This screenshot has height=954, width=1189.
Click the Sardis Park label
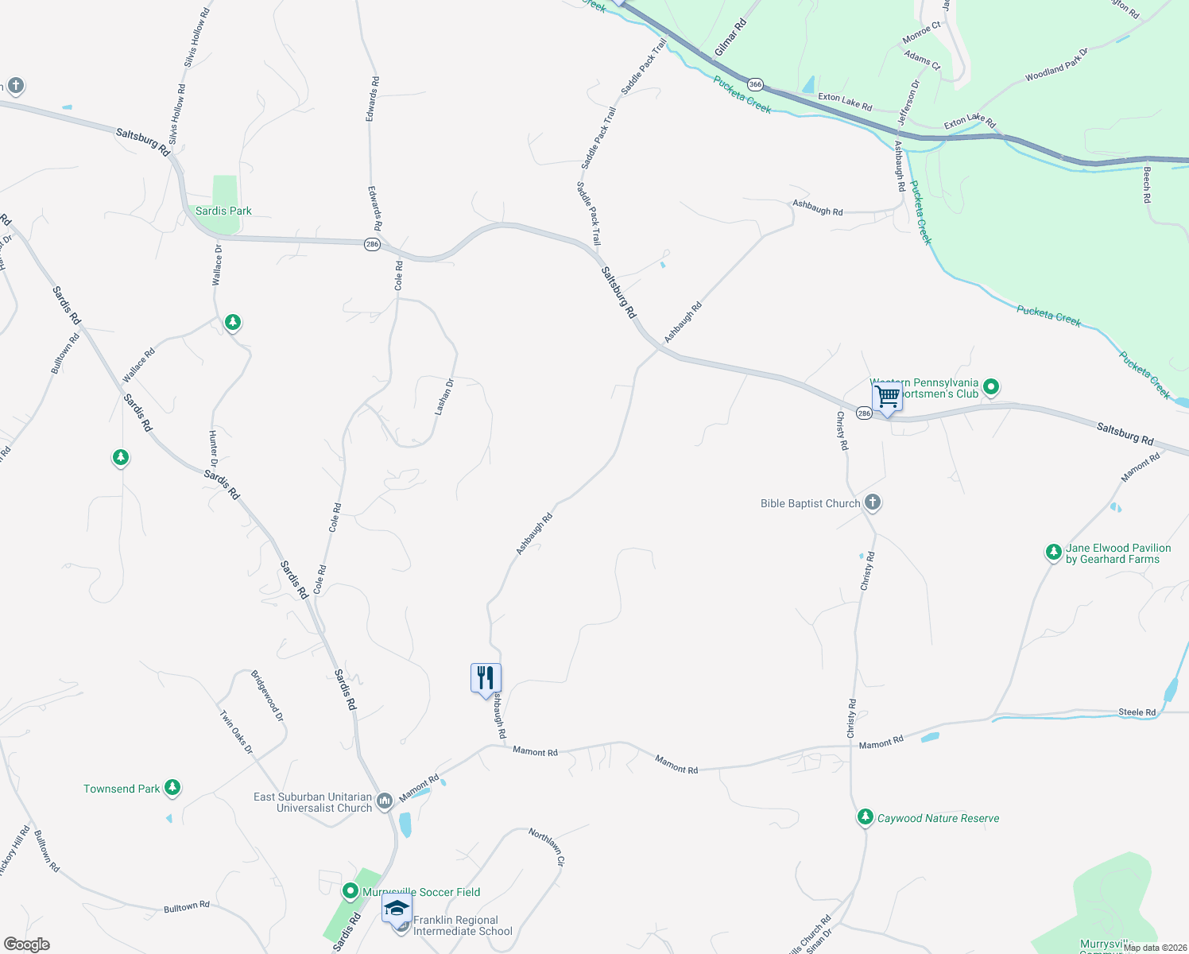point(223,211)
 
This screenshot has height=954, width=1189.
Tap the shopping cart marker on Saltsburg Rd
point(887,396)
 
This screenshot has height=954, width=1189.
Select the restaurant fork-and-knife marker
point(486,678)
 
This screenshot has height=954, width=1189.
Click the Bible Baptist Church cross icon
point(873,502)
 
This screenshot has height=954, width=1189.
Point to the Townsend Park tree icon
point(172,788)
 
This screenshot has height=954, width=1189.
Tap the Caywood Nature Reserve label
point(938,818)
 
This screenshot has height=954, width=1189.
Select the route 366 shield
point(755,84)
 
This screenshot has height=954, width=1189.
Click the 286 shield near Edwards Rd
point(372,244)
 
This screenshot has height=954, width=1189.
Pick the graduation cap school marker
point(397,908)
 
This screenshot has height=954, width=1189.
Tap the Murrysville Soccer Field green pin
point(351,891)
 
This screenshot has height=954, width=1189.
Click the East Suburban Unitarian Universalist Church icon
point(385,801)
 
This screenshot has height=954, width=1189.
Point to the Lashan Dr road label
point(443,397)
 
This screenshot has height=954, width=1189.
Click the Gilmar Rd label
point(730,38)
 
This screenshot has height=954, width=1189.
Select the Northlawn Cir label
point(547,847)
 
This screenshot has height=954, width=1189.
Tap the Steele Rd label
point(1137,712)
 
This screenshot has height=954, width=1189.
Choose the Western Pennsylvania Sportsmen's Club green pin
point(991,387)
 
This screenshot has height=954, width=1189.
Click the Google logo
point(27,944)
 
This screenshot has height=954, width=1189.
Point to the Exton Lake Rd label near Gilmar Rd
point(845,102)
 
